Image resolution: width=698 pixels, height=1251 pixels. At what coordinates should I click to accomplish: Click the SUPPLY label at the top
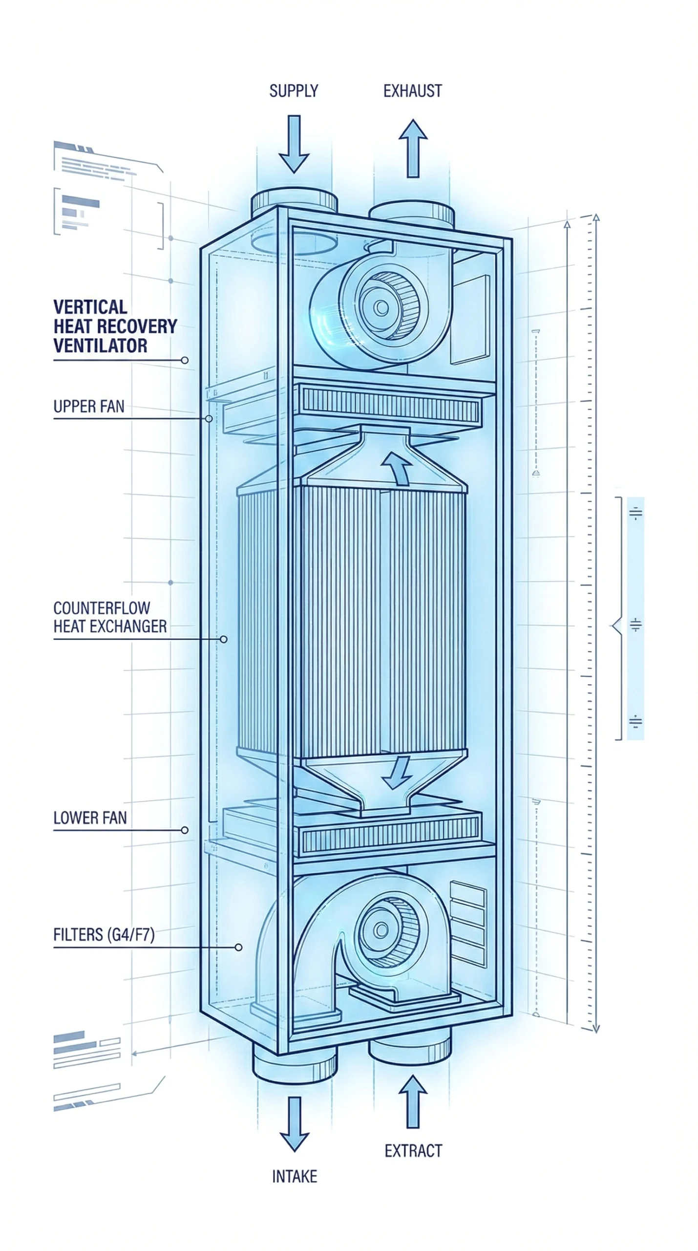(294, 91)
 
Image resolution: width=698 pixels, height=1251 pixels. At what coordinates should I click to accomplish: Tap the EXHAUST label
(412, 91)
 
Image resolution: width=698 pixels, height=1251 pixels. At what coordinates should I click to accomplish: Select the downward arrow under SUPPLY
(294, 144)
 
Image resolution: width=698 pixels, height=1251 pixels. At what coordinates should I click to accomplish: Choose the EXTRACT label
(413, 1151)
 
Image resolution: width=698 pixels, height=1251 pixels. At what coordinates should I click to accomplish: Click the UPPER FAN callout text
(89, 407)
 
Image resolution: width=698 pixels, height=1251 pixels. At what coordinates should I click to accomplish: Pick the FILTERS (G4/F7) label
(104, 935)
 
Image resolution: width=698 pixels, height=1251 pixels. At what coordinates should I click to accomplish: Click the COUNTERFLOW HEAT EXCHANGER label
(109, 617)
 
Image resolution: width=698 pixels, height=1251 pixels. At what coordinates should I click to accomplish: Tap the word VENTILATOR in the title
(100, 345)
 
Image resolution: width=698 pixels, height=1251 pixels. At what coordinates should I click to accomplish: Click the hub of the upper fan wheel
(382, 307)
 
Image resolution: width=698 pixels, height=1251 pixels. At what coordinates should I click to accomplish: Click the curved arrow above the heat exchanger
(397, 467)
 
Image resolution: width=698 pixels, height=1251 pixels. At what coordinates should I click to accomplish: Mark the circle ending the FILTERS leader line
(238, 948)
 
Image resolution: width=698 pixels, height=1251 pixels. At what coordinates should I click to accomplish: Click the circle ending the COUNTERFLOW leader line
(223, 639)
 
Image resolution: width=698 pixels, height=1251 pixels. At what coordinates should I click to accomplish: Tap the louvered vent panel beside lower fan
(468, 924)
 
